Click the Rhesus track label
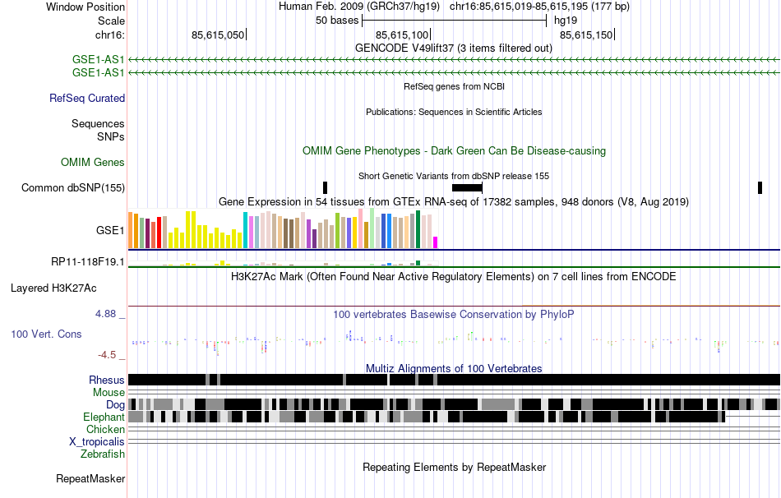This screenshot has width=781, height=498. click(107, 380)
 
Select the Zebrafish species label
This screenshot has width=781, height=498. click(103, 454)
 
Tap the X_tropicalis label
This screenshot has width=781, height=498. click(97, 441)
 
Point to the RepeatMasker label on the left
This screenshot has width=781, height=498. click(90, 478)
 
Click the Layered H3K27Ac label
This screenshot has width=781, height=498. click(53, 288)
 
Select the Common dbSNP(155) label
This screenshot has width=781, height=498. click(73, 188)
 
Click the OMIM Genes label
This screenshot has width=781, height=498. click(93, 163)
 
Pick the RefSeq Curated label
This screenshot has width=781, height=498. click(87, 99)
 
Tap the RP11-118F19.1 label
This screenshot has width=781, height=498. click(88, 262)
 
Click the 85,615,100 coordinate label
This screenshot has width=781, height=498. click(402, 35)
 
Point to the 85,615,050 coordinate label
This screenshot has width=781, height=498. click(218, 35)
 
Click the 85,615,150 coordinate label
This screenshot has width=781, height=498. click(586, 35)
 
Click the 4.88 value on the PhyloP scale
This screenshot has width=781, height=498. click(107, 314)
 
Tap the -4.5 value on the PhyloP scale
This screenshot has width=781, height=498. click(108, 355)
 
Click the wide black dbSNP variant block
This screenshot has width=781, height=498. click(467, 188)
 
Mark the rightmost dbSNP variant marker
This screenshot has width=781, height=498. click(760, 188)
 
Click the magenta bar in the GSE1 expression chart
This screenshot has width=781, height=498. click(436, 242)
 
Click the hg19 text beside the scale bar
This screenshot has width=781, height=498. click(566, 20)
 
